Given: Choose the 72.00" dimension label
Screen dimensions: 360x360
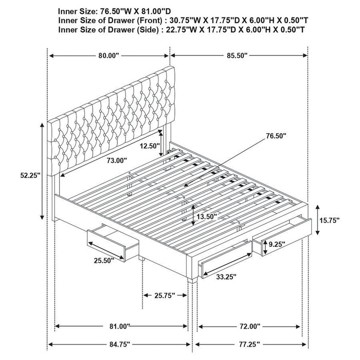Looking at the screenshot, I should (249, 326).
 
